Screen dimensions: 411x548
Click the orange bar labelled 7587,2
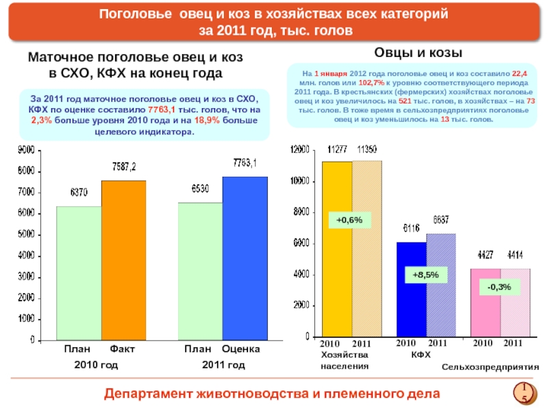pyautogui.click(x=124, y=260)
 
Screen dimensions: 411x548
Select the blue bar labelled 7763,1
pyautogui.click(x=245, y=258)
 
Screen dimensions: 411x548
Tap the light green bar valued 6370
pyautogui.click(x=79, y=273)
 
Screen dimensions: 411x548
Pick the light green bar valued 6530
pyautogui.click(x=200, y=271)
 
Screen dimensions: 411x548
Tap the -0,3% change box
pyautogui.click(x=499, y=287)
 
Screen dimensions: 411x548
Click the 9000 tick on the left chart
pyautogui.click(x=27, y=150)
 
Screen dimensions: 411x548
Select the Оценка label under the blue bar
pyautogui.click(x=240, y=350)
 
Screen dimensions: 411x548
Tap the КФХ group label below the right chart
pyautogui.click(x=421, y=356)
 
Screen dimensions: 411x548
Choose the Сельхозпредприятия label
pyautogui.click(x=490, y=368)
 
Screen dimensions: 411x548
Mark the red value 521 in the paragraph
pyautogui.click(x=405, y=101)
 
